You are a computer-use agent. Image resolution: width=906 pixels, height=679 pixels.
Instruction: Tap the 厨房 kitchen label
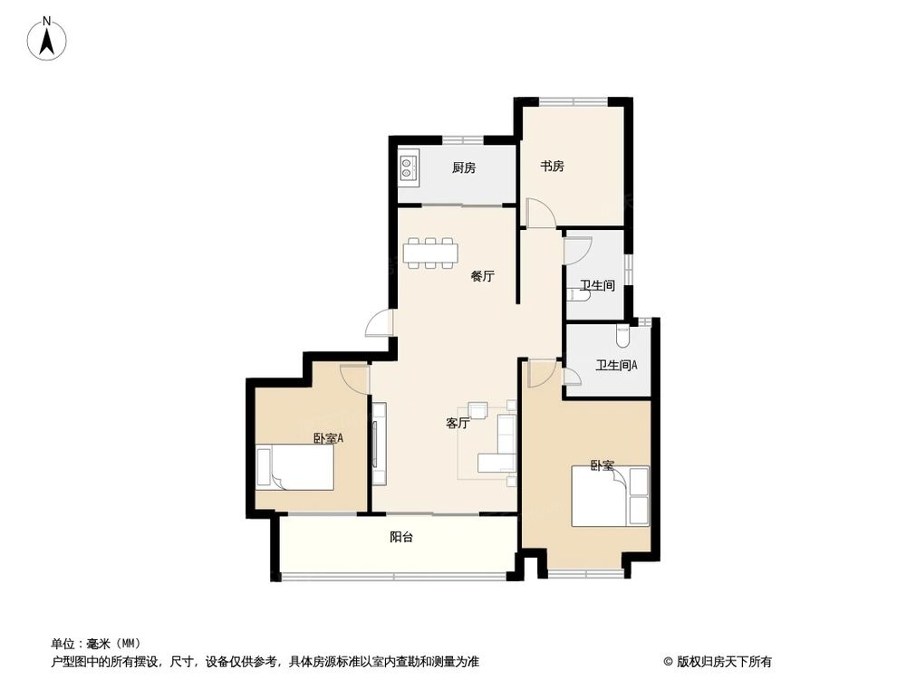[464, 167]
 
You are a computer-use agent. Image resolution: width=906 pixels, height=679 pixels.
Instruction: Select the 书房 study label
[553, 167]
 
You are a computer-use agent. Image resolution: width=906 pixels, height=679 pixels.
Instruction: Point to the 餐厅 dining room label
[482, 277]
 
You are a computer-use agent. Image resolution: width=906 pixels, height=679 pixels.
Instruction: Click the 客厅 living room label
[458, 423]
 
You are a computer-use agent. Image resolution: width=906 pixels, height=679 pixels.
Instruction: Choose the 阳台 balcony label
[401, 537]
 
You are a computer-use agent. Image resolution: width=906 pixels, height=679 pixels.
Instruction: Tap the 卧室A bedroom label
[328, 438]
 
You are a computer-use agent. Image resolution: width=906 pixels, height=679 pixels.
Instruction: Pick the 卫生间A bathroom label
[616, 366]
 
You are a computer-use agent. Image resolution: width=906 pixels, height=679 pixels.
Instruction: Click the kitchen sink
[409, 167]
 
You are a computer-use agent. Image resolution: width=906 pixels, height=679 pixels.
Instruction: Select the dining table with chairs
[431, 253]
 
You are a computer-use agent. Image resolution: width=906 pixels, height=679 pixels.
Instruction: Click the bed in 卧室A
[295, 468]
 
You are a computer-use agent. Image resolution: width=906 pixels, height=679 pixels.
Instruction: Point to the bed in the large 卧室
[611, 496]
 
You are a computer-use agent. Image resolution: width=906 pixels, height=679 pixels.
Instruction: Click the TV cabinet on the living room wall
[379, 444]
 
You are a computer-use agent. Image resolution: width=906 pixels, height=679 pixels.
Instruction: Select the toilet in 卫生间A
[622, 336]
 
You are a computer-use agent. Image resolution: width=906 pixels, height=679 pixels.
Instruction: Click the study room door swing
[540, 214]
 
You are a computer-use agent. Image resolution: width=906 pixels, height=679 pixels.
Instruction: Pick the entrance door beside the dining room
[380, 322]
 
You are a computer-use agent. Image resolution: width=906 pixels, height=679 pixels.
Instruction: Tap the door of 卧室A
[355, 377]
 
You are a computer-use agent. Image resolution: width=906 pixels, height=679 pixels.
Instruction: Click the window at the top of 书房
[573, 99]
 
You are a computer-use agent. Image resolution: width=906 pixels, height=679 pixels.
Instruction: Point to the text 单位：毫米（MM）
[97, 643]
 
